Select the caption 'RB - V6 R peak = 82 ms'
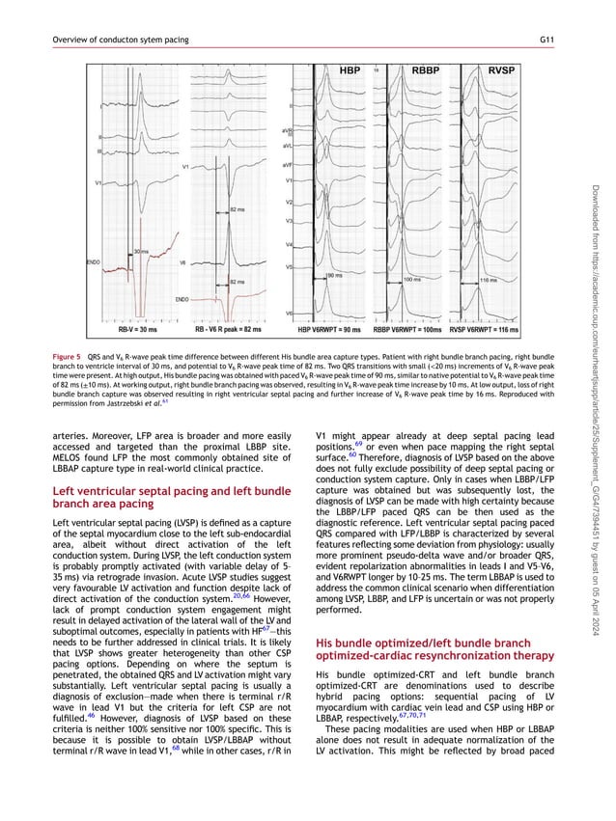[228, 329]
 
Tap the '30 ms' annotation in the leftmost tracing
[140, 251]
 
